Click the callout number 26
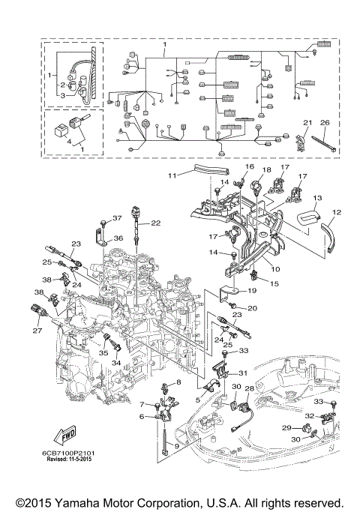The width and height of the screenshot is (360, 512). coord(325,123)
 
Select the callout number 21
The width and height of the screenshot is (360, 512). coord(307,123)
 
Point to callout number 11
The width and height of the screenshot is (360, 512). coord(172,175)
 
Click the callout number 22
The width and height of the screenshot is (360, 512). coord(155,223)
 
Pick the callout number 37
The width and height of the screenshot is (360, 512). coord(116,218)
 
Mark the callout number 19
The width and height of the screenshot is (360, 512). coord(253,289)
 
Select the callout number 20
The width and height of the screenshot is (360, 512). coord(252,308)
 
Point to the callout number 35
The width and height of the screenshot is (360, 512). coord(104,352)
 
